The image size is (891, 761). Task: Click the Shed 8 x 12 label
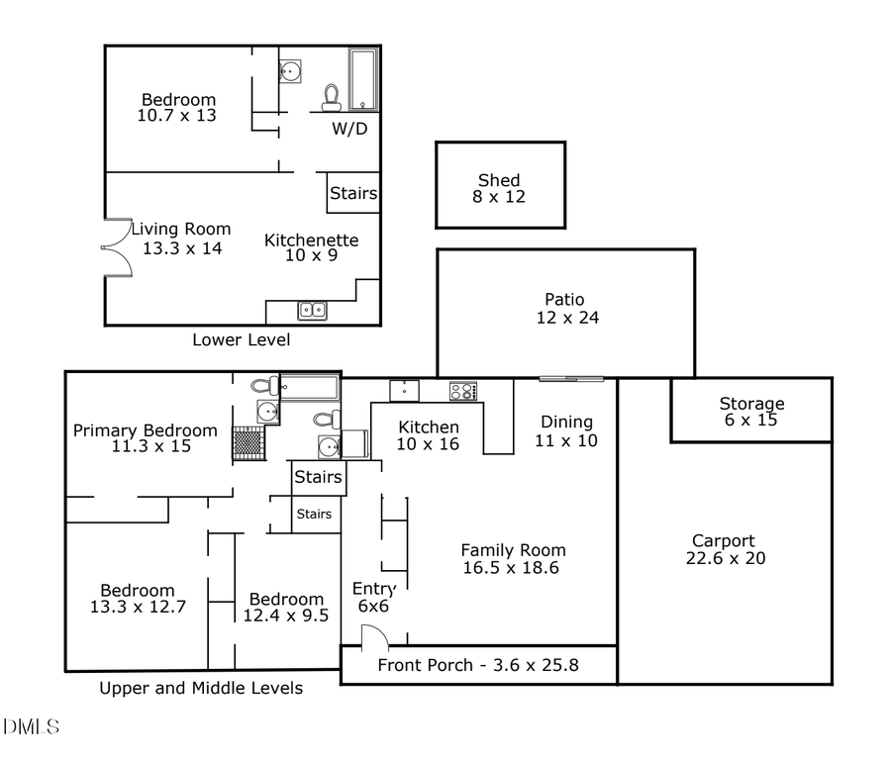coord(499,188)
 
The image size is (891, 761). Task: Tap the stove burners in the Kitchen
coord(463,390)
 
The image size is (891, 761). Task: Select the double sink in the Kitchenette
coord(313,311)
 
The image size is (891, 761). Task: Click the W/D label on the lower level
coord(348,128)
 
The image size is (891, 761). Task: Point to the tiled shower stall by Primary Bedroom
coord(247,441)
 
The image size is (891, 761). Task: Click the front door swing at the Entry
coord(373,638)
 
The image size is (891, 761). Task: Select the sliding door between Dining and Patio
coord(571,377)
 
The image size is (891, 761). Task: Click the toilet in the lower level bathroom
coord(332,96)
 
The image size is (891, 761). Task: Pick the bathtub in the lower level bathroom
coord(361,79)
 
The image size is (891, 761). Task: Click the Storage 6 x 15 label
coord(751,412)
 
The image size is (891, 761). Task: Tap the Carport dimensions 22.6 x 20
coord(726,558)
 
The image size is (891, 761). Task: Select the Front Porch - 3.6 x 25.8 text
coord(478,665)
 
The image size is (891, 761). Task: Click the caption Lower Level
coord(241,340)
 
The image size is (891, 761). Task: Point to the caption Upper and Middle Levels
coord(201,688)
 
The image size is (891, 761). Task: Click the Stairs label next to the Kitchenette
coord(352,193)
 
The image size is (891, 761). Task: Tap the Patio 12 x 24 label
coord(564,309)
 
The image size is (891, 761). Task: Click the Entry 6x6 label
coord(373,598)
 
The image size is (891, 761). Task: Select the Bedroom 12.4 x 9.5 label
coord(286,607)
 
